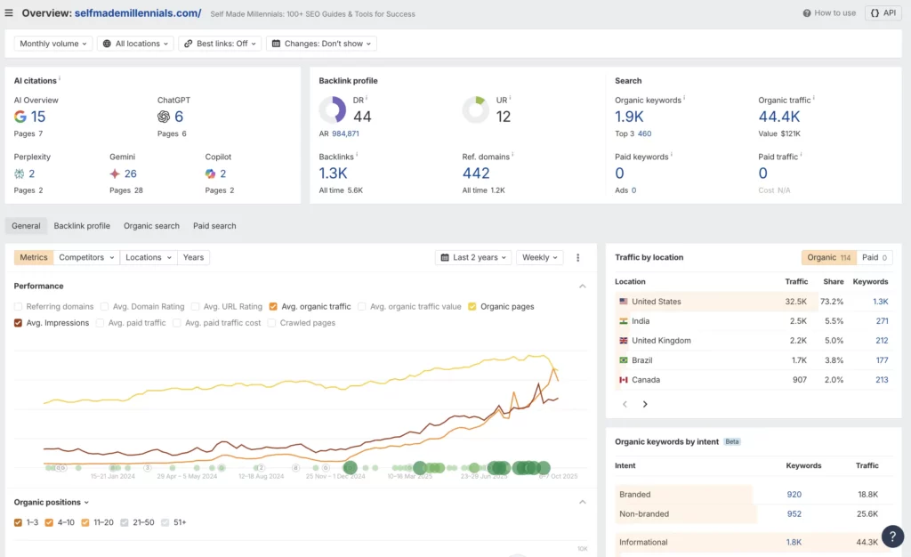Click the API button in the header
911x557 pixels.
tap(883, 13)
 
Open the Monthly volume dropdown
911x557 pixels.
tap(53, 44)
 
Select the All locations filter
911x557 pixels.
tap(135, 44)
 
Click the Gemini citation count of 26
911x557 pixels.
tap(131, 174)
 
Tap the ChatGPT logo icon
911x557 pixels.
tap(164, 117)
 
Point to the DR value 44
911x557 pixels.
tap(362, 117)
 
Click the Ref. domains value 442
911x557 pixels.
tap(476, 174)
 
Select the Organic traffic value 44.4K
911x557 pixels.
tap(778, 117)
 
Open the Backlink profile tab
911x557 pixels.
tap(82, 226)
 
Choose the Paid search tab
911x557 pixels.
tap(214, 226)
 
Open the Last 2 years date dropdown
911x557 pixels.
tap(473, 257)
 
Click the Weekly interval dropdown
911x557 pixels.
tap(540, 257)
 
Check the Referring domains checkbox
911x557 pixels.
tap(19, 307)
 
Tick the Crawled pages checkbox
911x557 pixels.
tap(272, 323)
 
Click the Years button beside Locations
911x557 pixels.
tap(193, 257)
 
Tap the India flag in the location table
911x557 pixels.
tap(623, 321)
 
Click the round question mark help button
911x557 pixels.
tap(892, 537)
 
